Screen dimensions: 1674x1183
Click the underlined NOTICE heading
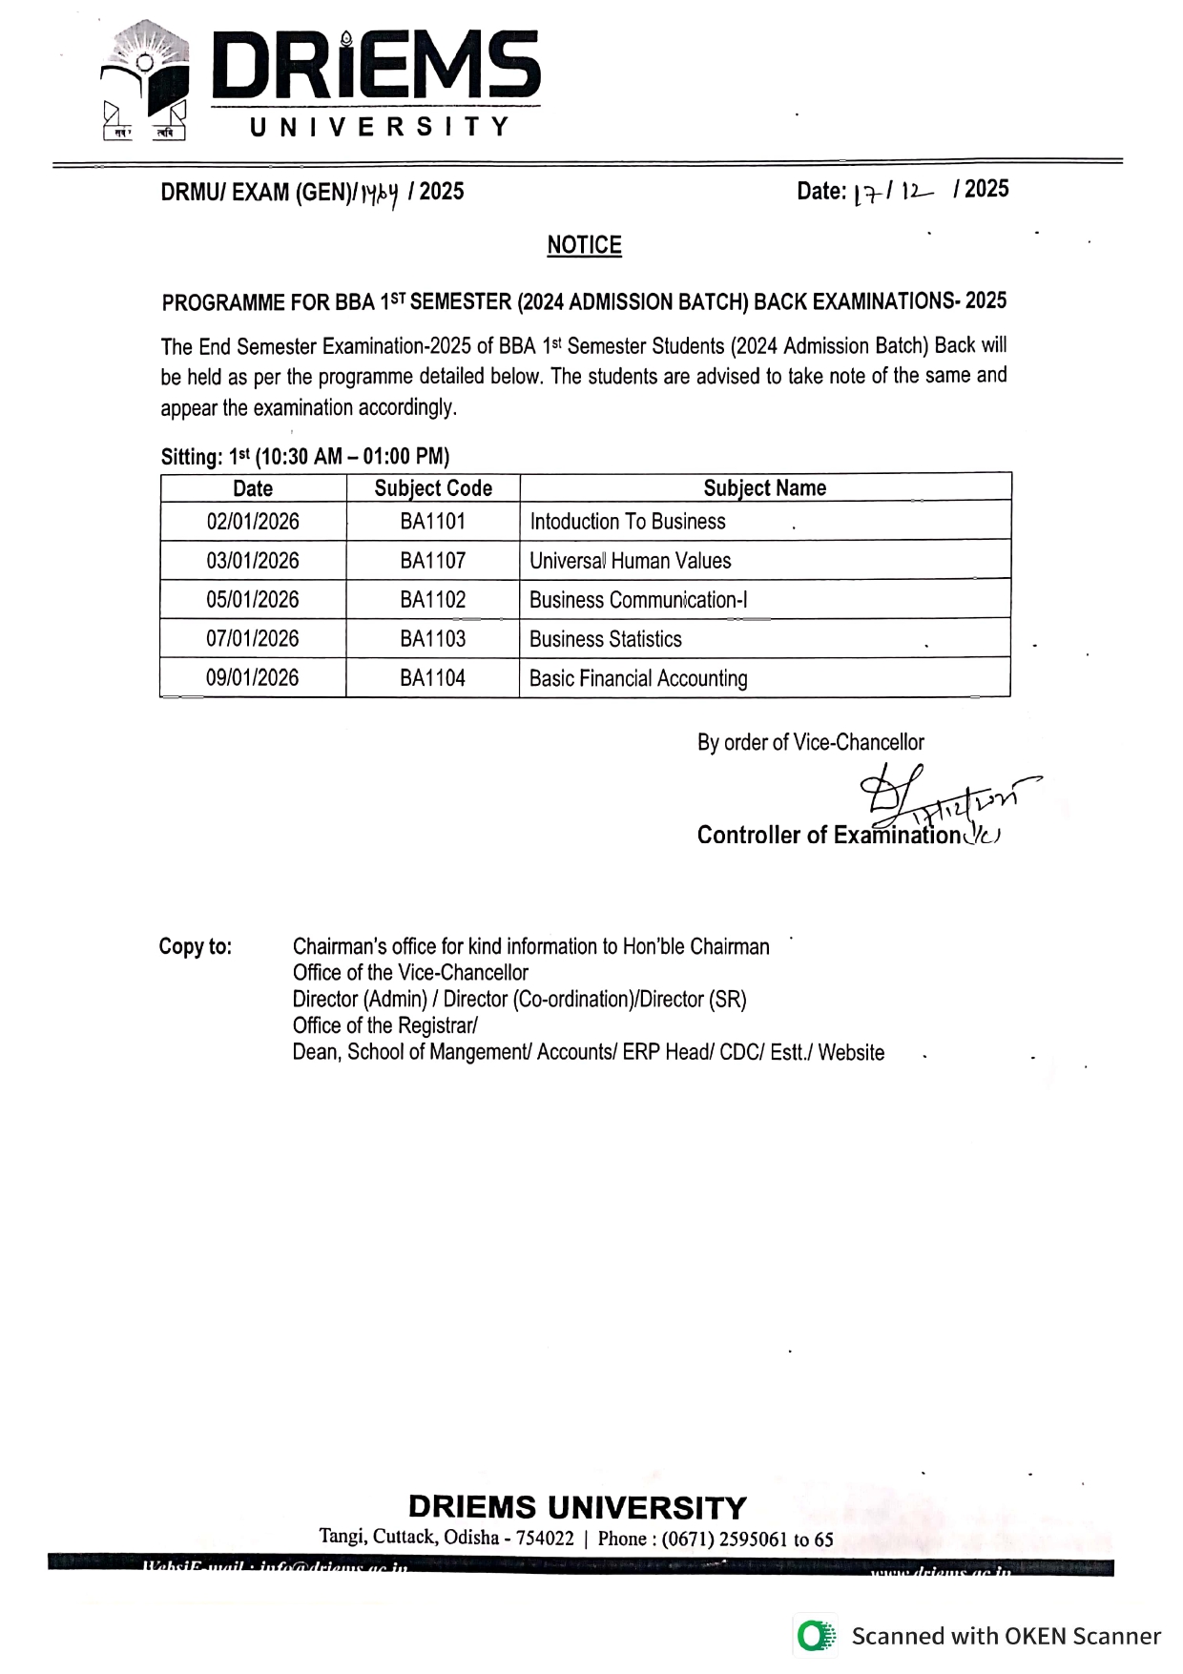coord(584,245)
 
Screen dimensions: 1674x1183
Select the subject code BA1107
coord(432,561)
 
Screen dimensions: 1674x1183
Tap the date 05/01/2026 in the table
coord(253,600)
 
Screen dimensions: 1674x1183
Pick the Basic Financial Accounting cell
coord(638,678)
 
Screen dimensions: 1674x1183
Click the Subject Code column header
coord(433,488)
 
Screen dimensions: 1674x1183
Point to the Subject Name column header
coord(764,488)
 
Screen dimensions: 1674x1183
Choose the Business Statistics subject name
coord(606,639)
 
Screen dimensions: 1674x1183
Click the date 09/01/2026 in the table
coord(253,678)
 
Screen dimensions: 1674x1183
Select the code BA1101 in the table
coord(432,522)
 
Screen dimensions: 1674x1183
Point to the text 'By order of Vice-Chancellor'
coord(810,742)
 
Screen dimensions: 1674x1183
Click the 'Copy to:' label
coord(196,946)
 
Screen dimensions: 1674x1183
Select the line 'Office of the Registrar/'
coord(384,1025)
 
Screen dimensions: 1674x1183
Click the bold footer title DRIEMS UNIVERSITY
coord(577,1507)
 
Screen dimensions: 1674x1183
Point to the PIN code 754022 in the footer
coord(545,1538)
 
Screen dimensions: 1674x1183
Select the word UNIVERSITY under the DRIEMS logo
coord(379,127)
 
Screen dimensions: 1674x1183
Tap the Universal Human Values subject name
coord(630,561)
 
